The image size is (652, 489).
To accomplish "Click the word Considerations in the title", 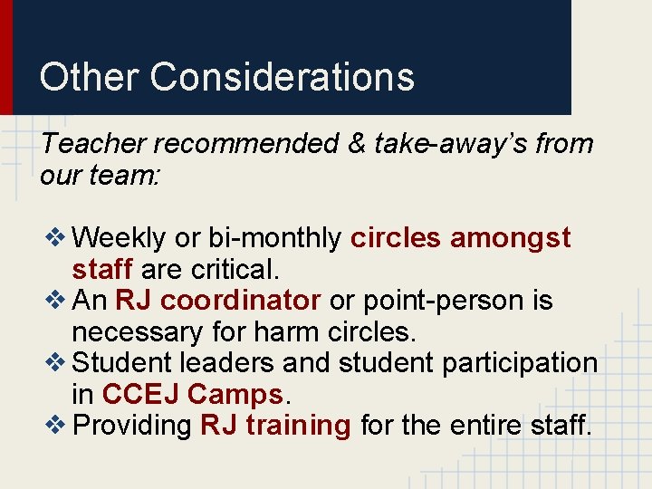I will [x=283, y=77].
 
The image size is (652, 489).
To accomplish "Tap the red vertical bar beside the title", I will [x=5, y=57].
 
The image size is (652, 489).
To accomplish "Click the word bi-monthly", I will [x=275, y=238].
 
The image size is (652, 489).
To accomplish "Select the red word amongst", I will [x=511, y=238].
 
